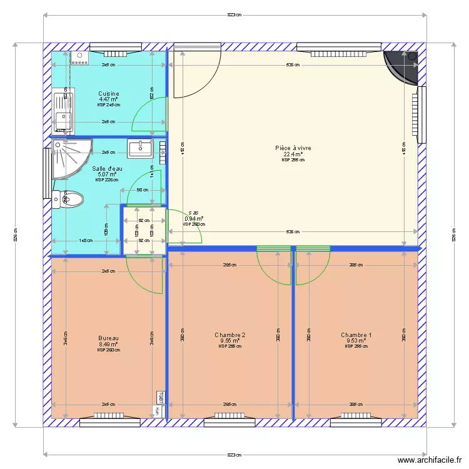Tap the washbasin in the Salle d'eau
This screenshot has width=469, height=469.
pyautogui.click(x=140, y=149)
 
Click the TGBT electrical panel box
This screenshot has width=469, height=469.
pyautogui.click(x=160, y=398)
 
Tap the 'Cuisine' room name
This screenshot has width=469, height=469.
pyautogui.click(x=108, y=94)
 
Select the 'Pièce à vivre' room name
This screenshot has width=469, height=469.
pyautogui.click(x=293, y=148)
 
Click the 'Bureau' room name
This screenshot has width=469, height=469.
pyautogui.click(x=108, y=338)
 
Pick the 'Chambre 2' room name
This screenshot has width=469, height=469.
pyautogui.click(x=229, y=335)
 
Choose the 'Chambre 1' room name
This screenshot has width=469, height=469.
pyautogui.click(x=356, y=335)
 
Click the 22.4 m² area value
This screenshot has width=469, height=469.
pyautogui.click(x=293, y=154)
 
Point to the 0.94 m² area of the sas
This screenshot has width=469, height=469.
pyautogui.click(x=194, y=218)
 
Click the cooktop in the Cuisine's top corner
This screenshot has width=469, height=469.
pyautogui.click(x=79, y=58)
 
